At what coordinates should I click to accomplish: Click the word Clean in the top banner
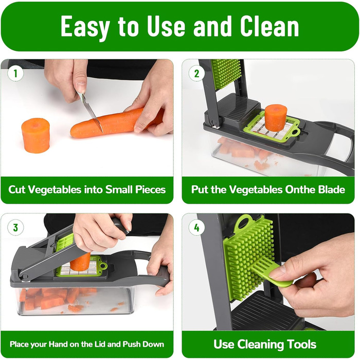[x=269, y=26]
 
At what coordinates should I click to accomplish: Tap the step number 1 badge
[x=15, y=74]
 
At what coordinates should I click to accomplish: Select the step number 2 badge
[x=196, y=74]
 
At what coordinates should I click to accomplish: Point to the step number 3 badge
[x=15, y=227]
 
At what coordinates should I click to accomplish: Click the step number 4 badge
[x=196, y=227]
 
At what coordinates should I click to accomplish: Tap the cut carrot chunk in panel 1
[x=35, y=135]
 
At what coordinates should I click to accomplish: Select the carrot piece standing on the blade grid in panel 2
[x=276, y=118]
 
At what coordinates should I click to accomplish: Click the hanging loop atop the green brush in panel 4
[x=243, y=222]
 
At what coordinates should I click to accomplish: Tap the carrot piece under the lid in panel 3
[x=80, y=262]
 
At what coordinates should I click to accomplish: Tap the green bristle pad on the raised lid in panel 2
[x=226, y=73]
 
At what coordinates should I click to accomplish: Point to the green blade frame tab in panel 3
[x=103, y=266]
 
